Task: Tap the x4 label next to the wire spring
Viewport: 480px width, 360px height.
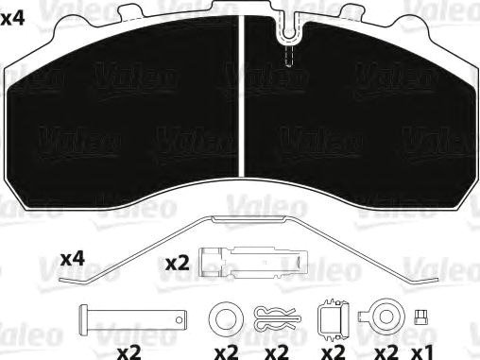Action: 73,258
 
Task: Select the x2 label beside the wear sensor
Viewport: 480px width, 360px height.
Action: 178,264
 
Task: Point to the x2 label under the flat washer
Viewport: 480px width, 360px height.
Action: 226,351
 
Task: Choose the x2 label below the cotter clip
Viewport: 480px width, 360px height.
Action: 277,351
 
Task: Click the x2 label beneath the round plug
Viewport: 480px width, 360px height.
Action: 385,351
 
